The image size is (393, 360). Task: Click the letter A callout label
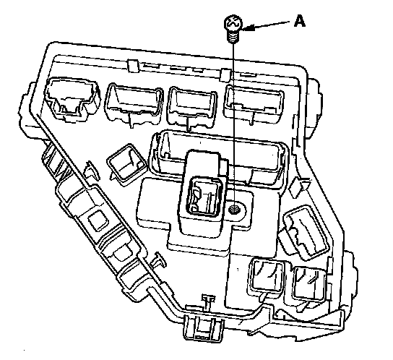300,21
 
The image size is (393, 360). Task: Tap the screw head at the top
233,24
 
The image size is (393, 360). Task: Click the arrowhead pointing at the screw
248,27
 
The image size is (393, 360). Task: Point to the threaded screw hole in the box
235,209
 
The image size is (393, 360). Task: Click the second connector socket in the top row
134,104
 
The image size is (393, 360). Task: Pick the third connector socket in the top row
192,106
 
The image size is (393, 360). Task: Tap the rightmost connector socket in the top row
254,103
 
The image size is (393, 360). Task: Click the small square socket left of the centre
126,165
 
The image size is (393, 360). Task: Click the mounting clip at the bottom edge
203,328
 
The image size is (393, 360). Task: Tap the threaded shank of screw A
233,37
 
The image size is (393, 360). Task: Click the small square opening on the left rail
99,220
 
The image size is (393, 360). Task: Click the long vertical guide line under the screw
233,123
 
